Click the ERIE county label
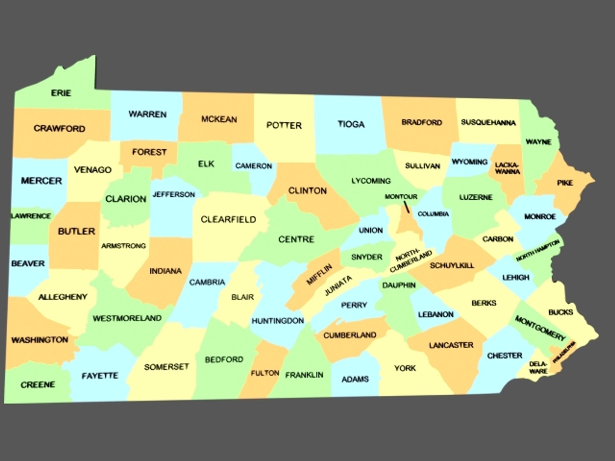[61, 93]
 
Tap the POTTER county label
[284, 125]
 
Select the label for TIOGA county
[351, 124]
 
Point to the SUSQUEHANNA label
[488, 123]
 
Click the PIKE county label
[565, 183]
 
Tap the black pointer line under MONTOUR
[406, 207]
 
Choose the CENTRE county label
[296, 239]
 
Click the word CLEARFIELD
[228, 220]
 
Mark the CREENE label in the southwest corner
[38, 385]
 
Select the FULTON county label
[265, 373]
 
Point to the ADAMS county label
[355, 379]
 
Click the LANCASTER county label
[451, 345]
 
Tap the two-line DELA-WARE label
[538, 368]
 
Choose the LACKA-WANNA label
[507, 168]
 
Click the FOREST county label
[149, 152]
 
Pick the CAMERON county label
[253, 166]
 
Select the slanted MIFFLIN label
[319, 275]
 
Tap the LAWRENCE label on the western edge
[31, 216]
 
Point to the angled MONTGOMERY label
[540, 328]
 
